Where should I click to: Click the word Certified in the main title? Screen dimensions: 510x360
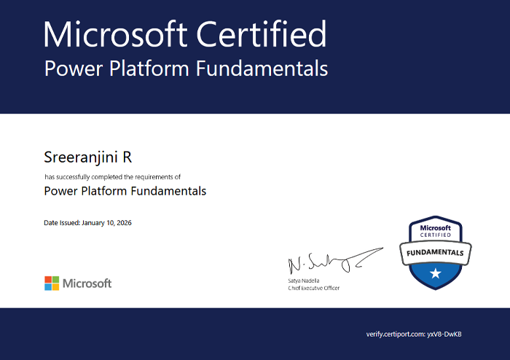coord(261,34)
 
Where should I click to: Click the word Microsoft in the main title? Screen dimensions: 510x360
coord(115,34)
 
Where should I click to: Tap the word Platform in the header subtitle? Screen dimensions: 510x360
coord(149,69)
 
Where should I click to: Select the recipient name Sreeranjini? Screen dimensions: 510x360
coord(81,157)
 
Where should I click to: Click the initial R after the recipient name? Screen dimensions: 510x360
coord(127,157)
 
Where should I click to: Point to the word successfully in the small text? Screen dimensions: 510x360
coord(73,177)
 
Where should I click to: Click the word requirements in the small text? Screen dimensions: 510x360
coord(154,177)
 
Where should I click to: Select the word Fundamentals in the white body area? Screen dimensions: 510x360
coord(168,191)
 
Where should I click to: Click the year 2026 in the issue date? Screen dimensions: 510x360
coord(125,223)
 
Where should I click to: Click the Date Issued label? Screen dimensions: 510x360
coord(62,223)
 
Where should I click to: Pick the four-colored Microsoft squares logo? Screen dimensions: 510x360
coord(52,283)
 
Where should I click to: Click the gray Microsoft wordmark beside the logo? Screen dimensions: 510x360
coord(87,283)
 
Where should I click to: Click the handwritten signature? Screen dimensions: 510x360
coord(335,261)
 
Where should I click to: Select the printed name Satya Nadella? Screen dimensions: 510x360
coord(304,281)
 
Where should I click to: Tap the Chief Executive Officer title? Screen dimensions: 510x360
coord(313,288)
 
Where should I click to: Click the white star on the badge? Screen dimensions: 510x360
coord(436,273)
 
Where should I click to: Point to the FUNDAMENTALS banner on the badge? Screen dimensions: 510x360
coord(435,253)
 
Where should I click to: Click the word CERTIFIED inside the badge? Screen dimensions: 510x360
coord(436,235)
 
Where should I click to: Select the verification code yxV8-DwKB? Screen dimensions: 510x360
coord(444,334)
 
